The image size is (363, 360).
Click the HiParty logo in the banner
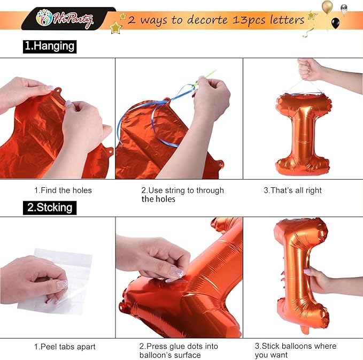coord(65,19)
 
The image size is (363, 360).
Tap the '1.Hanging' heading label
coord(50,47)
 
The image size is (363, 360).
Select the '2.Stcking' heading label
coord(50,208)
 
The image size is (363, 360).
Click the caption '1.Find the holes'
coord(63,190)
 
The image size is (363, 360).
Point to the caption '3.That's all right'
coord(292,190)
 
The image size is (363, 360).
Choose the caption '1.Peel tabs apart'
coord(65,347)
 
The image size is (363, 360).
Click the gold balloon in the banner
coord(327,6)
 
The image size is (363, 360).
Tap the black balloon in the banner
coord(336,23)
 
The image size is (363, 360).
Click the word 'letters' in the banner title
coord(287,20)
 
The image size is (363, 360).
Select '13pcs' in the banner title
coord(249,20)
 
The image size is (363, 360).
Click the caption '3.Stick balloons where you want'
coord(296,350)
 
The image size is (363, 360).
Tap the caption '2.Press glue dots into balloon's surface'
coord(179,351)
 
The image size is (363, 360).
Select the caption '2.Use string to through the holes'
coord(183,195)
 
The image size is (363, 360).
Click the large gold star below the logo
coord(115,28)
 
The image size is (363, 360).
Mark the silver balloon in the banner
coord(344,9)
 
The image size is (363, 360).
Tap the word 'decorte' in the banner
coord(207,20)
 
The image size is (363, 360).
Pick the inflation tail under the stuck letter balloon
coord(305,330)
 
